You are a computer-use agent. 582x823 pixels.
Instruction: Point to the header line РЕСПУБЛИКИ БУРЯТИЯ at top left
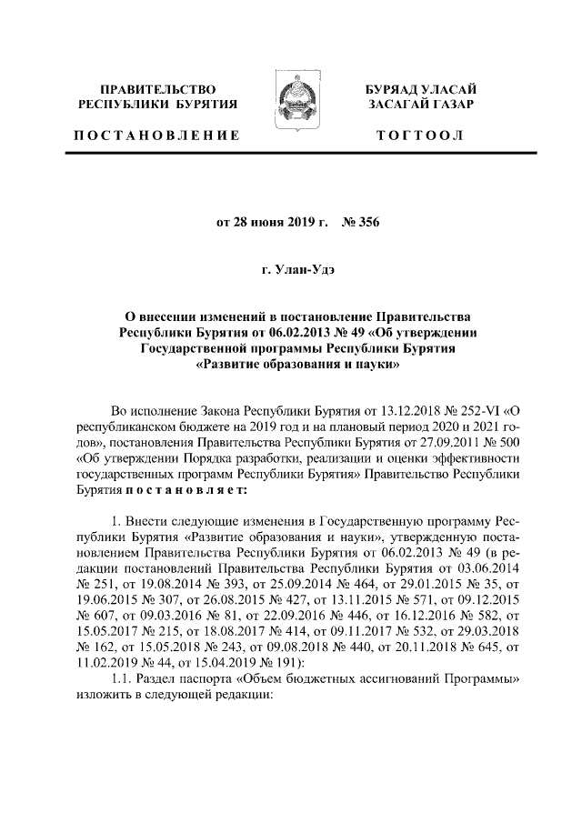(x=158, y=105)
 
